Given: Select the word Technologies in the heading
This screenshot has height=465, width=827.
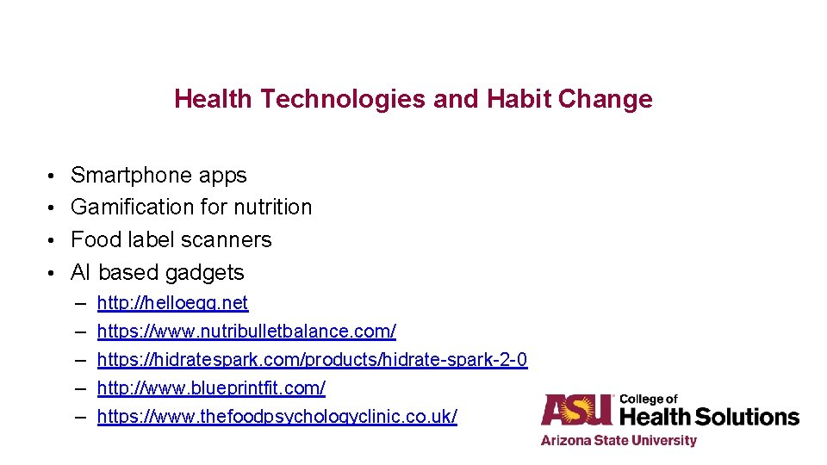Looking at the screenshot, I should pyautogui.click(x=342, y=99).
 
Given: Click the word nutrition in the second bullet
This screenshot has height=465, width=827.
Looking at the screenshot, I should pyautogui.click(x=273, y=208).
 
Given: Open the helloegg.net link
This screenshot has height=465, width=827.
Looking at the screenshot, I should pyautogui.click(x=172, y=303).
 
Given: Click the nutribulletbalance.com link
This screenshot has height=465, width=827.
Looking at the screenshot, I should pyautogui.click(x=246, y=332).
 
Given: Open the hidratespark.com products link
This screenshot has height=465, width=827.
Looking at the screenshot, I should pyautogui.click(x=312, y=360).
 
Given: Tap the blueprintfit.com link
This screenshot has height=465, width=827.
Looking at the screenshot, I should pyautogui.click(x=211, y=388).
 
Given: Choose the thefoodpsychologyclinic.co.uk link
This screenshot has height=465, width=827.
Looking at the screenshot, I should pyautogui.click(x=277, y=417).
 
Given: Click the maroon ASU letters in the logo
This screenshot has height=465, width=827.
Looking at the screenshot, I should pyautogui.click(x=576, y=410).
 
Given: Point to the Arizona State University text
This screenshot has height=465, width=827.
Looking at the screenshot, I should pyautogui.click(x=619, y=441).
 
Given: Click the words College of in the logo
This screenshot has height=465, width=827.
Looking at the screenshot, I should pyautogui.click(x=649, y=399).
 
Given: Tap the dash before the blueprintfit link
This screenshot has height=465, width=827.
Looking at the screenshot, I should pyautogui.click(x=80, y=388).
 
